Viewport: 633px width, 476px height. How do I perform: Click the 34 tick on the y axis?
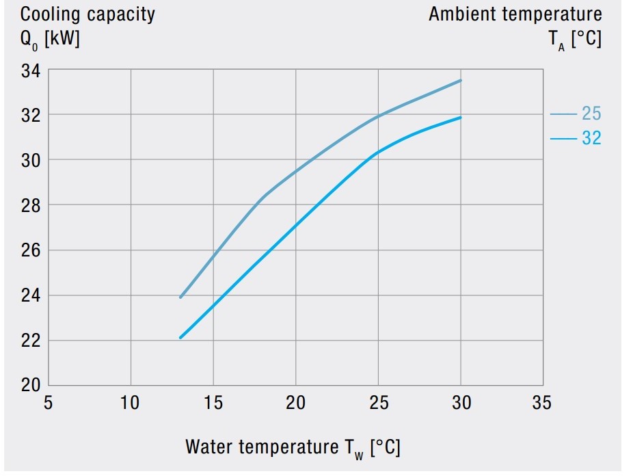(x=31, y=70)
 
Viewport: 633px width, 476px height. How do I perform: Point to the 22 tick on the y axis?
(x=31, y=340)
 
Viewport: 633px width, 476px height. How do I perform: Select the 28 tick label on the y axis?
(x=31, y=205)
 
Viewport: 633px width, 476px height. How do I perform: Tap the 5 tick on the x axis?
(x=48, y=403)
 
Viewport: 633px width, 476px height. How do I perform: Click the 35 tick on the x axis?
(x=541, y=403)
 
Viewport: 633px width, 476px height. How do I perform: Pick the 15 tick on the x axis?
(x=213, y=403)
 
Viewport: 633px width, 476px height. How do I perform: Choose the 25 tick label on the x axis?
(x=379, y=403)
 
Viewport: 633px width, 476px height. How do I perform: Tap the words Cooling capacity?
(x=87, y=14)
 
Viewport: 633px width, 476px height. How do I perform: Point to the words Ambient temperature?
(x=515, y=14)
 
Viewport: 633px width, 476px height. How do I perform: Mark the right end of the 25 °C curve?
(x=461, y=81)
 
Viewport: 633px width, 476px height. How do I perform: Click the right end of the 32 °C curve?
(x=461, y=118)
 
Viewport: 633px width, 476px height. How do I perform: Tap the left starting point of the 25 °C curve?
(x=180, y=297)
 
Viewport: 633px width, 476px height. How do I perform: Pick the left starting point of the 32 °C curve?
(x=180, y=338)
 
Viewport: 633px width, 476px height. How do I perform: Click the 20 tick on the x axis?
(x=296, y=403)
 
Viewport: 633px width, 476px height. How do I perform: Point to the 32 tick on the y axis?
(x=31, y=115)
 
